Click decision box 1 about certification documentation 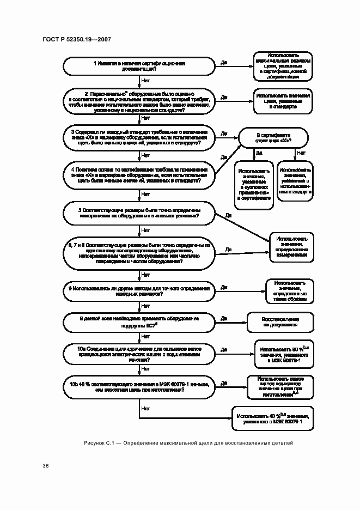click(x=139, y=66)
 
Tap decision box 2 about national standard click(x=139, y=101)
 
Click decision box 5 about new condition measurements click(x=139, y=213)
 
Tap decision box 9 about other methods click(x=139, y=290)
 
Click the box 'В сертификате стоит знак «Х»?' click(x=273, y=137)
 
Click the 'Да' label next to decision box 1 click(x=224, y=63)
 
